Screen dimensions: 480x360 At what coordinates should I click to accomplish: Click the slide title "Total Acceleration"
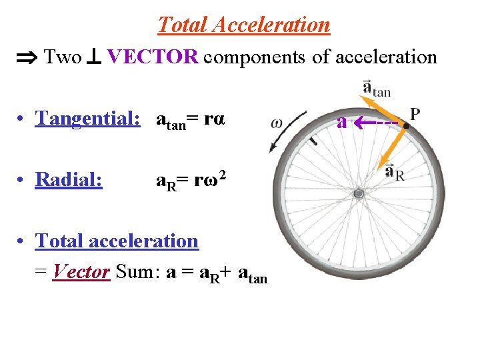point(243,25)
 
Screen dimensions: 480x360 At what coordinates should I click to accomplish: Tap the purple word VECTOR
point(152,57)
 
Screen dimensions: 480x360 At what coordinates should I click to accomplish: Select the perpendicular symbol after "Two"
point(92,58)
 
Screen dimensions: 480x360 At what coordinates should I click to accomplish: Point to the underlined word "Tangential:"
point(87,119)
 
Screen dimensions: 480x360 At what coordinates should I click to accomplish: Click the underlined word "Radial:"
point(69,179)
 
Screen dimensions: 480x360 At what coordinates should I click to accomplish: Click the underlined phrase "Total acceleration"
point(117,241)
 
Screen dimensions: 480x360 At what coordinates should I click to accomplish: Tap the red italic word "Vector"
point(81,271)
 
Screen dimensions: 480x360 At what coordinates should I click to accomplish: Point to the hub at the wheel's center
point(359,194)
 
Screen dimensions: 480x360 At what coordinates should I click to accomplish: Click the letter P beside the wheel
point(415,113)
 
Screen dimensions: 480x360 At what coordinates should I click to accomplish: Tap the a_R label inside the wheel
point(394,173)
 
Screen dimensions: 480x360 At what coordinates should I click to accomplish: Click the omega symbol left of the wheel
point(277,123)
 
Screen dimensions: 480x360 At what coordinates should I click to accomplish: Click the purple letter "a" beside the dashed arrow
point(341,122)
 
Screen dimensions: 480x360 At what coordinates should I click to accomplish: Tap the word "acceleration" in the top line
point(386,57)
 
